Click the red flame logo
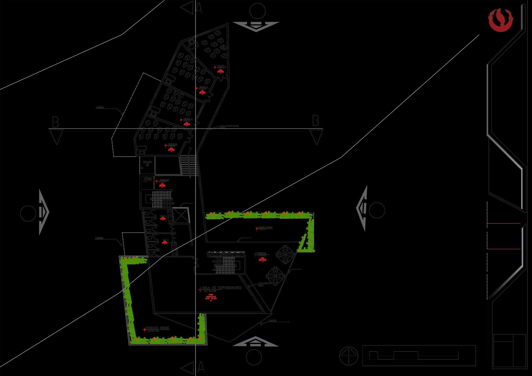pyautogui.click(x=500, y=20)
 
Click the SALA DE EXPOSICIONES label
pyautogui.click(x=222, y=288)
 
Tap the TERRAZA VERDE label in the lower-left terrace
pyautogui.click(x=158, y=328)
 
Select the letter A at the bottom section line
pyautogui.click(x=201, y=367)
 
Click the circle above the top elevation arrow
pyautogui.click(x=258, y=11)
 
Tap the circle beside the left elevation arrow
pyautogui.click(x=28, y=214)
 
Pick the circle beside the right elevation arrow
pyautogui.click(x=377, y=210)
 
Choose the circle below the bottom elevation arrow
pyautogui.click(x=254, y=357)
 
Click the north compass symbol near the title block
pyautogui.click(x=349, y=356)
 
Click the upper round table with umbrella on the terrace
pyautogui.click(x=285, y=255)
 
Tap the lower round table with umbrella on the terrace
pyautogui.click(x=276, y=276)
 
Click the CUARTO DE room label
pyautogui.click(x=147, y=163)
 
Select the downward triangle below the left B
pyautogui.click(x=56, y=137)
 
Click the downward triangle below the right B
pyautogui.click(x=316, y=137)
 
